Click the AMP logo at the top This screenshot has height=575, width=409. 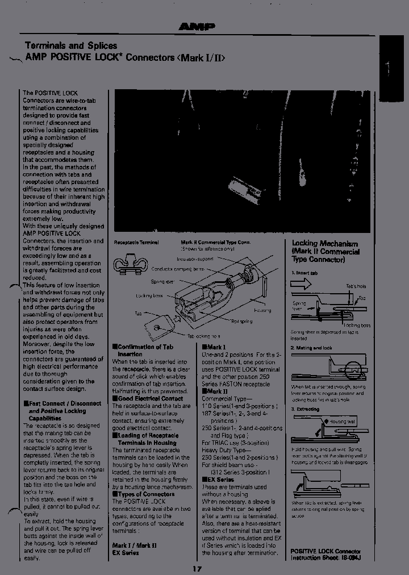[196, 26]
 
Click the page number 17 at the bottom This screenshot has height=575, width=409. [197, 569]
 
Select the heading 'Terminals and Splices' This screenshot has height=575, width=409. [71, 45]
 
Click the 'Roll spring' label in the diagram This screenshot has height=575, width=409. [242, 322]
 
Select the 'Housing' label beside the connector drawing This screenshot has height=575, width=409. [262, 310]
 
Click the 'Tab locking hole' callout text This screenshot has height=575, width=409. [204, 336]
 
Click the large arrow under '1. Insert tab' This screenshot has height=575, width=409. [302, 284]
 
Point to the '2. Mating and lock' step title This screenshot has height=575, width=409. [311, 347]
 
